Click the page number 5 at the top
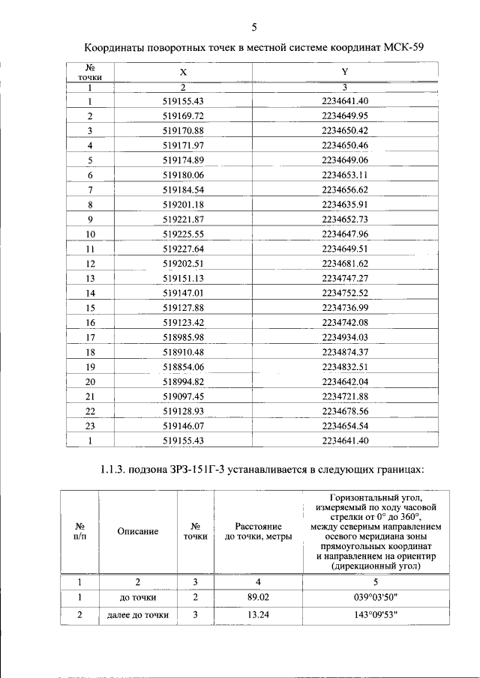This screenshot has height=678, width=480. (x=253, y=28)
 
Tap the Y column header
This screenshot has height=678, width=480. (x=344, y=72)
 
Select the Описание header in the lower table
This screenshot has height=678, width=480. (x=137, y=531)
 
